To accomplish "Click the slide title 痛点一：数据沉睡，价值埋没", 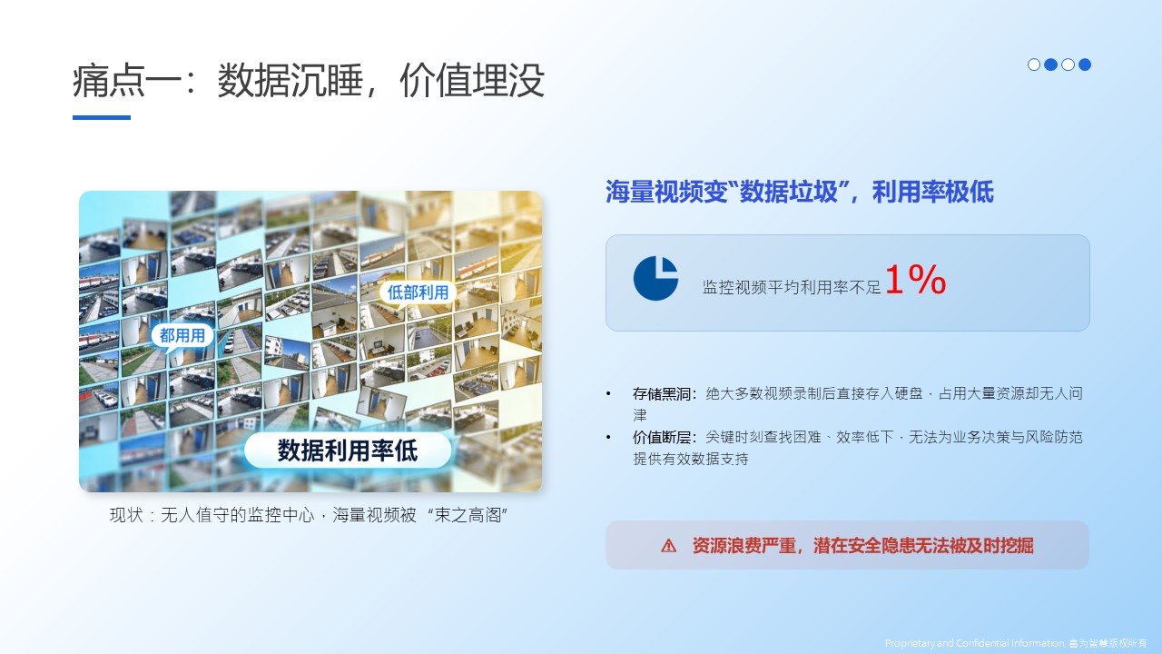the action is [309, 81].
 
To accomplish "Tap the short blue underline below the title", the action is [102, 117].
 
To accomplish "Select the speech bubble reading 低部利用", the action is [418, 292].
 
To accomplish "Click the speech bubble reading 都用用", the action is [182, 335].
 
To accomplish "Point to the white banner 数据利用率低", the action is [348, 450].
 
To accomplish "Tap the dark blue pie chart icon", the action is [655, 278].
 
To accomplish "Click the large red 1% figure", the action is [916, 280].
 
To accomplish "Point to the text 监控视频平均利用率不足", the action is [792, 287].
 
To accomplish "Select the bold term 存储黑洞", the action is [662, 394].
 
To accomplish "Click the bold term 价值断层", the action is [662, 438].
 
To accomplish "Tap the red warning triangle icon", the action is [669, 546].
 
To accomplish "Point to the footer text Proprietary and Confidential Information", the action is [975, 643].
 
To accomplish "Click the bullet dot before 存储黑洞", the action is [608, 394].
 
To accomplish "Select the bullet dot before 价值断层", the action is [608, 438].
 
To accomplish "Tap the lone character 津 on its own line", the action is [640, 415].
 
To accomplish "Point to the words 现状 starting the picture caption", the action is [126, 515].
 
